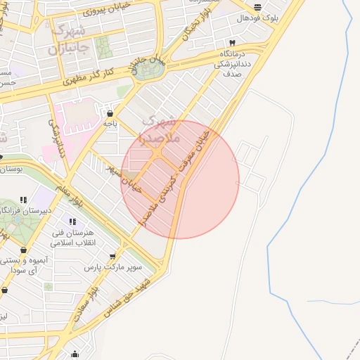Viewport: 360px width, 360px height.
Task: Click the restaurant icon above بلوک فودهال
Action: (x=258, y=6)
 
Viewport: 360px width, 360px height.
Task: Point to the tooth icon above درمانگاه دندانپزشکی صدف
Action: (x=232, y=44)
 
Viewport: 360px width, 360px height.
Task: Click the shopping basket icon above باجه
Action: (x=109, y=112)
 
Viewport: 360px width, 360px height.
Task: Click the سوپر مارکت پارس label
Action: (x=113, y=267)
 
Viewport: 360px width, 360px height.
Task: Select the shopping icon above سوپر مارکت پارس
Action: (x=112, y=256)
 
